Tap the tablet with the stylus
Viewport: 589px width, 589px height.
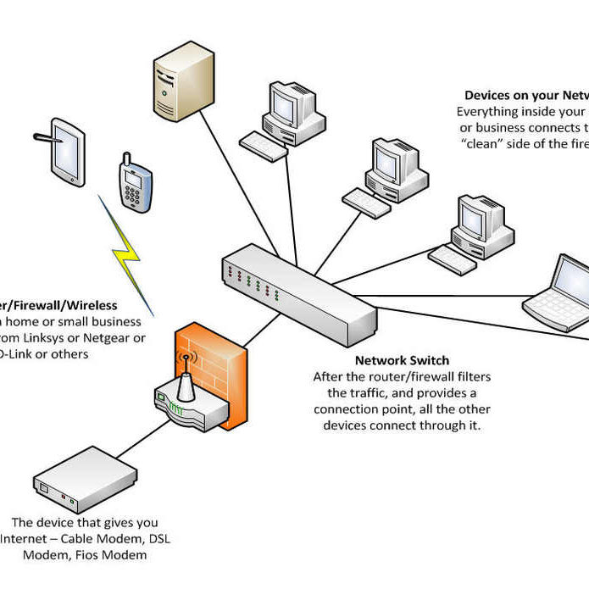coord(68,149)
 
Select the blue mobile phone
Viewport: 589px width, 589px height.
coord(135,184)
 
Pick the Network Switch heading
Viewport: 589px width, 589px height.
coord(402,360)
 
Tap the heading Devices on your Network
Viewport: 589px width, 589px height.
coord(526,96)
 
